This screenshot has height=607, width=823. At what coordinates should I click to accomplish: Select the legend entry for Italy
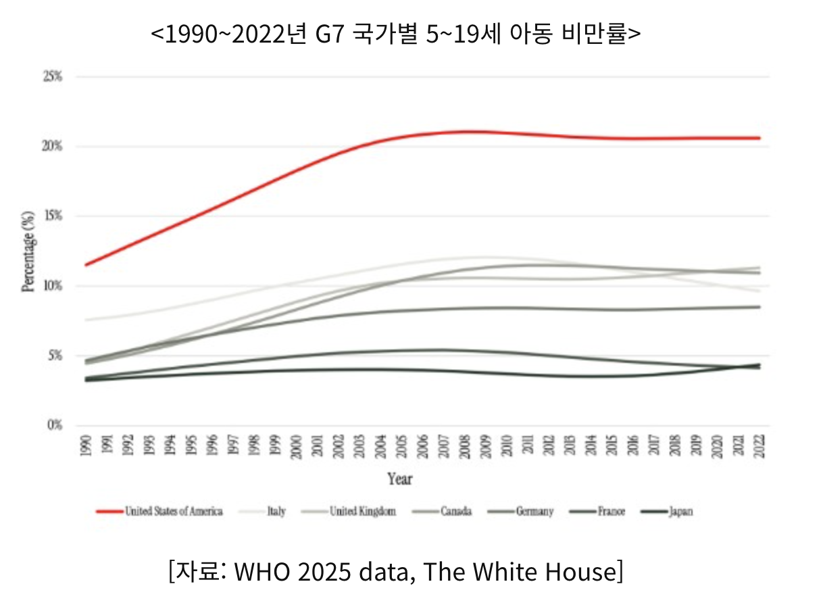(x=276, y=511)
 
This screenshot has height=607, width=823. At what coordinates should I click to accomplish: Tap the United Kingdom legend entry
(x=362, y=511)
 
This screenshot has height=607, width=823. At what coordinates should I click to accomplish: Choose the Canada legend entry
(x=456, y=511)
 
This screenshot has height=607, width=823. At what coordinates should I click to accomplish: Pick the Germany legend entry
(x=534, y=511)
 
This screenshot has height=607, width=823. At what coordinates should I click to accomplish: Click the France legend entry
(x=611, y=511)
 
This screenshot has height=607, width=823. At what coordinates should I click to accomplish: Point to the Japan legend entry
(x=680, y=511)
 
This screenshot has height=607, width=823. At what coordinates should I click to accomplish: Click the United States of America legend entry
(x=174, y=511)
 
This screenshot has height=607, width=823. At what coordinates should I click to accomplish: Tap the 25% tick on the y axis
(x=52, y=76)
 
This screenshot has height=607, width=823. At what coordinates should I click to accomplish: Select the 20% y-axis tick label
(x=52, y=146)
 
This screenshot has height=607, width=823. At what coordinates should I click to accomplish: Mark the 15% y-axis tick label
(x=52, y=216)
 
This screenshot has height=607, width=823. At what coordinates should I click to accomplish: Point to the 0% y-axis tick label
(x=54, y=425)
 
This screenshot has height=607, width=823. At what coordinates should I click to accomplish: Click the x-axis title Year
(x=400, y=479)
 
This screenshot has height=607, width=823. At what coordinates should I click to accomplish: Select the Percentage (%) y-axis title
(x=28, y=251)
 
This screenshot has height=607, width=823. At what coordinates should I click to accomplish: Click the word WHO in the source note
(x=257, y=572)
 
